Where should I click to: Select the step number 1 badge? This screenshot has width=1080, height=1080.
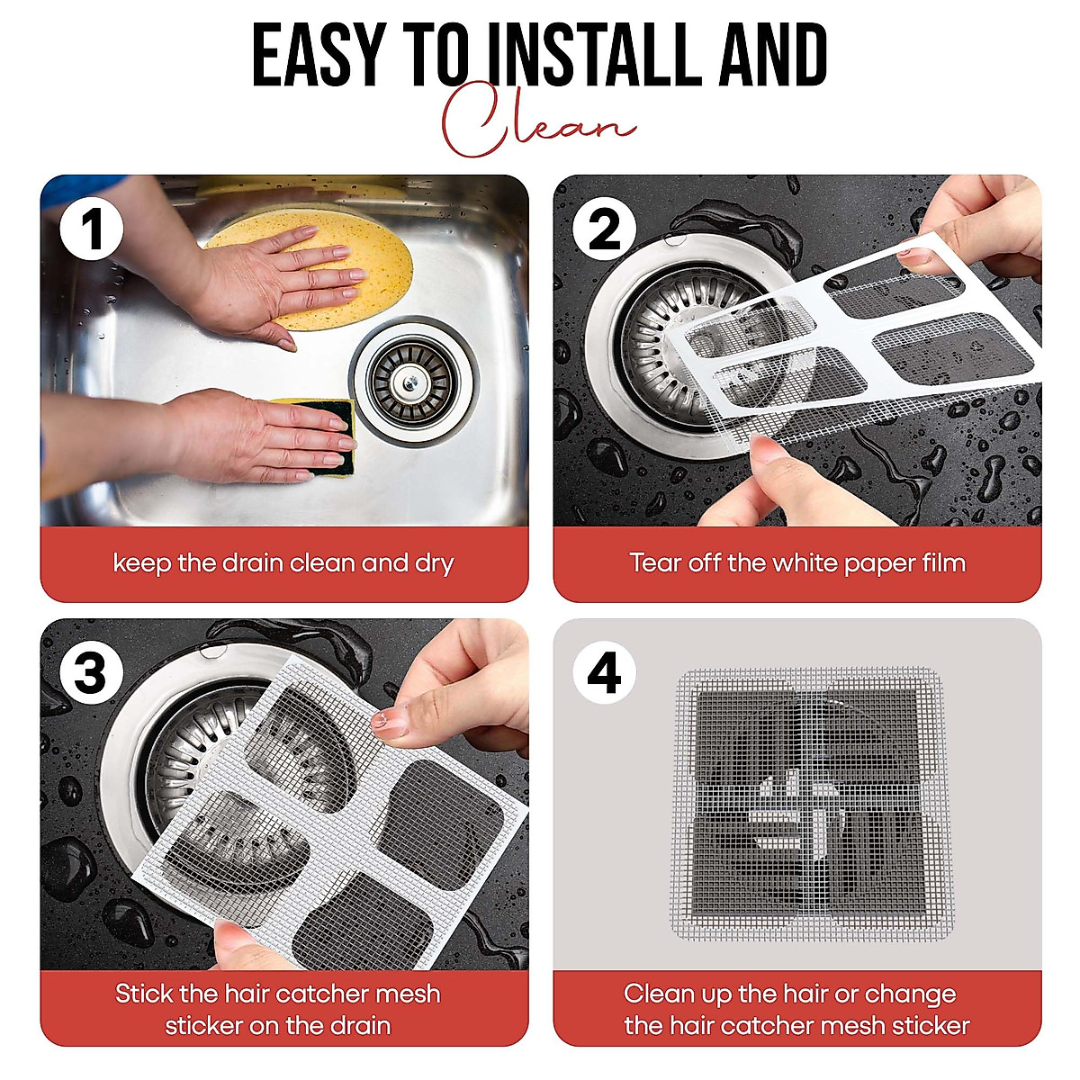[x=92, y=228]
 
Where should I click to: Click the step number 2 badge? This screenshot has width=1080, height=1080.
[x=604, y=228]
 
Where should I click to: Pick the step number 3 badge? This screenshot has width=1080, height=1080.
[x=92, y=672]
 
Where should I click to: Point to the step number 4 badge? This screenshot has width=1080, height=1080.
[x=604, y=672]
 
